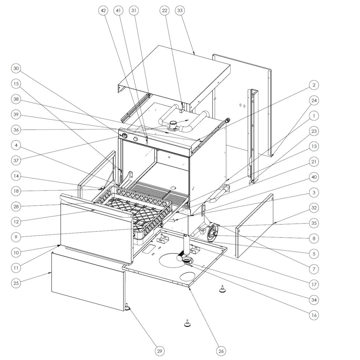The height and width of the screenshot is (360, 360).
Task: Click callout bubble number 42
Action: click(103, 11)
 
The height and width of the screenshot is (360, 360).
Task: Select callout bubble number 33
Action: click(180, 11)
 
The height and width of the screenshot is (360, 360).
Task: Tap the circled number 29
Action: click(159, 351)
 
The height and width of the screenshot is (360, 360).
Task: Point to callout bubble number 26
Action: click(221, 351)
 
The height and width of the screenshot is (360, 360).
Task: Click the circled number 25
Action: click(16, 283)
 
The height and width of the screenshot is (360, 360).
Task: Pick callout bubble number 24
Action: click(314, 100)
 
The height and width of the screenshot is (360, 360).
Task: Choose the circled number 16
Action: click(314, 315)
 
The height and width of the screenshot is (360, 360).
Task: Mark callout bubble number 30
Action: click(16, 68)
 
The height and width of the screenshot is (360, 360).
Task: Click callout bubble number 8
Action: click(314, 239)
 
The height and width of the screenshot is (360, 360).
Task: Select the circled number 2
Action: click(314, 85)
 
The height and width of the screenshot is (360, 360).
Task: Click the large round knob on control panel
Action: click(124, 136)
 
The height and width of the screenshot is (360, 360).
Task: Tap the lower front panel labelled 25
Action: click(88, 281)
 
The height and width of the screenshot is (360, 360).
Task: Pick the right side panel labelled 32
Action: click(255, 226)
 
